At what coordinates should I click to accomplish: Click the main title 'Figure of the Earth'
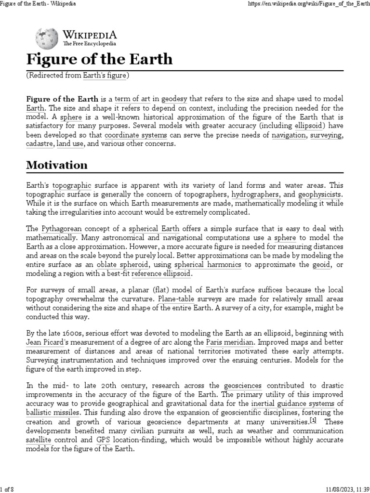[x=99, y=59]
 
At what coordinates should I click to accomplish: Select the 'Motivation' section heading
[x=57, y=165]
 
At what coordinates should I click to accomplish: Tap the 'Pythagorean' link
[x=62, y=229]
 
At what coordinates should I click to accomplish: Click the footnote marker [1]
[x=313, y=421]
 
